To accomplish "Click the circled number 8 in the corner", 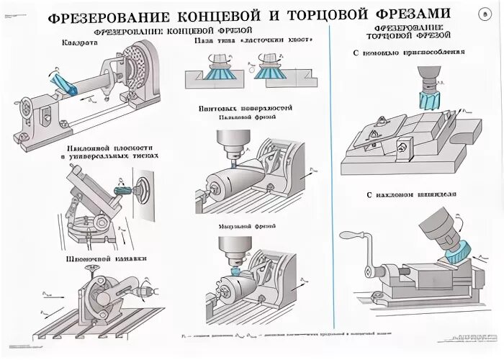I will [x=483, y=14].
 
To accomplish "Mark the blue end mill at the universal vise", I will [x=122, y=190].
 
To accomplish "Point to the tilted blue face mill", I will [x=457, y=249].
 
